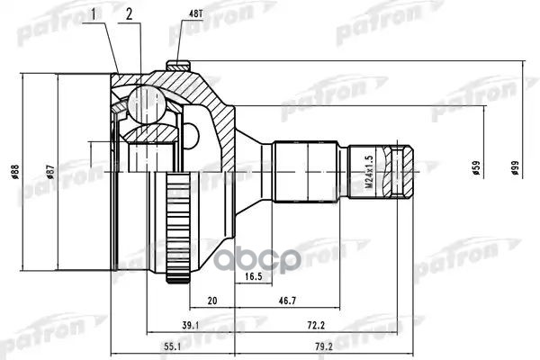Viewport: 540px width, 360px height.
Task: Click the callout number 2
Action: click(x=130, y=15)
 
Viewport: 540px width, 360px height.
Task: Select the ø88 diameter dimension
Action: click(x=15, y=172)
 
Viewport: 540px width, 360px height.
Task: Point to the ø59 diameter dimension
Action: click(x=476, y=168)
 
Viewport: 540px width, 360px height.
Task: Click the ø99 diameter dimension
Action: click(x=514, y=168)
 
